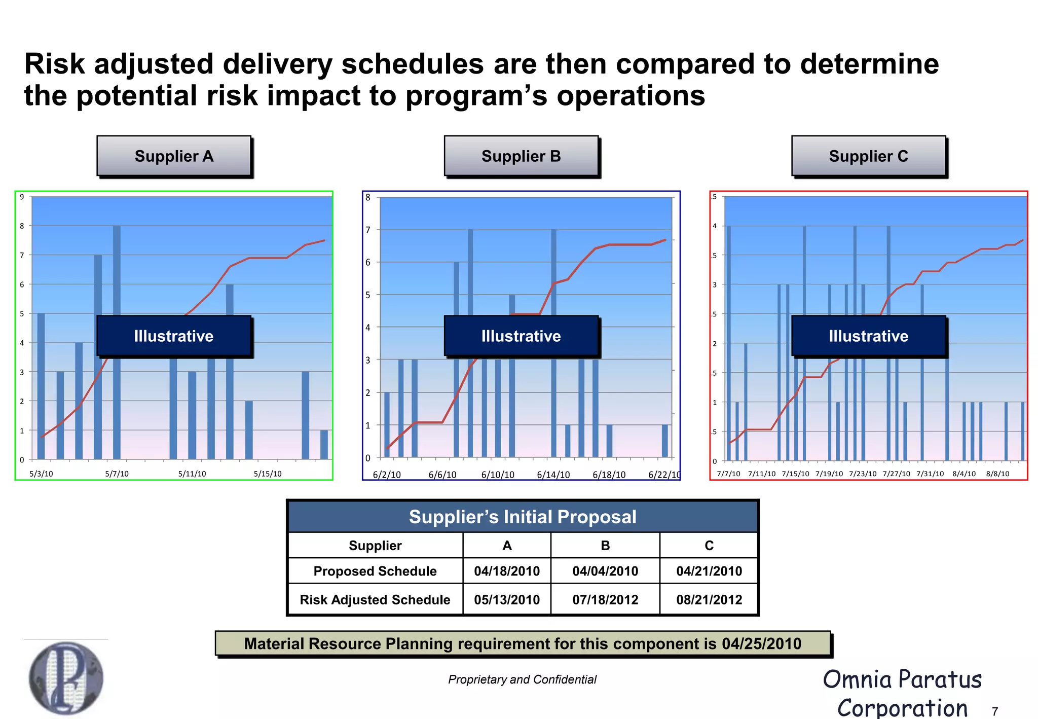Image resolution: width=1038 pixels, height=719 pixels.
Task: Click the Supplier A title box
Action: pyautogui.click(x=174, y=156)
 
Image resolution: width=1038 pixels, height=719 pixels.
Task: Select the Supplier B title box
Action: pyautogui.click(x=521, y=156)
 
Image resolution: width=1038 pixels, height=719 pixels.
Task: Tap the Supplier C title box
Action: pyautogui.click(x=868, y=156)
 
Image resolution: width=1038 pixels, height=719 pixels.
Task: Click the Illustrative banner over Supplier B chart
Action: pyautogui.click(x=521, y=336)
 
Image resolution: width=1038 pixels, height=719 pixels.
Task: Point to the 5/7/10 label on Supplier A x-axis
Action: pyautogui.click(x=117, y=474)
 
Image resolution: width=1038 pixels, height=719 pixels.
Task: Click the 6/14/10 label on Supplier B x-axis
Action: pyautogui.click(x=553, y=475)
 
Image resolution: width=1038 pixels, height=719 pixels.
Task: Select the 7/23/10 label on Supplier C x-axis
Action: pyautogui.click(x=863, y=474)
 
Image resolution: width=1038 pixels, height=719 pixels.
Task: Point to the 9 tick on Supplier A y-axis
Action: pyautogui.click(x=22, y=197)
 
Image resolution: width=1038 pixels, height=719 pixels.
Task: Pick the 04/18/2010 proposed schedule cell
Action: pyautogui.click(x=507, y=571)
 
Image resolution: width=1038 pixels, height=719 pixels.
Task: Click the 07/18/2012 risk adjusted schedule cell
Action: pyautogui.click(x=605, y=600)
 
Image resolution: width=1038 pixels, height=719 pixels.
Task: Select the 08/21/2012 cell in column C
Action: pyautogui.click(x=709, y=600)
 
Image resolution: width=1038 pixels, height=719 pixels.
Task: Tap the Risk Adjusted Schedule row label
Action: pyautogui.click(x=375, y=600)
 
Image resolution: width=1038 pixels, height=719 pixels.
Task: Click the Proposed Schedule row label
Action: pyautogui.click(x=375, y=571)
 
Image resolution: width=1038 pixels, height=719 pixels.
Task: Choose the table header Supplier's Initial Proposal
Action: pyautogui.click(x=523, y=517)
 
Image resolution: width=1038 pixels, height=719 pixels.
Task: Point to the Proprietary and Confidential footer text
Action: pyautogui.click(x=522, y=679)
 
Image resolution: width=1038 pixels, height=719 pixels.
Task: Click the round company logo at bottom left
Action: pyautogui.click(x=66, y=678)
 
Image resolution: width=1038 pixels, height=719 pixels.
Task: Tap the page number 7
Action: pyautogui.click(x=994, y=711)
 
